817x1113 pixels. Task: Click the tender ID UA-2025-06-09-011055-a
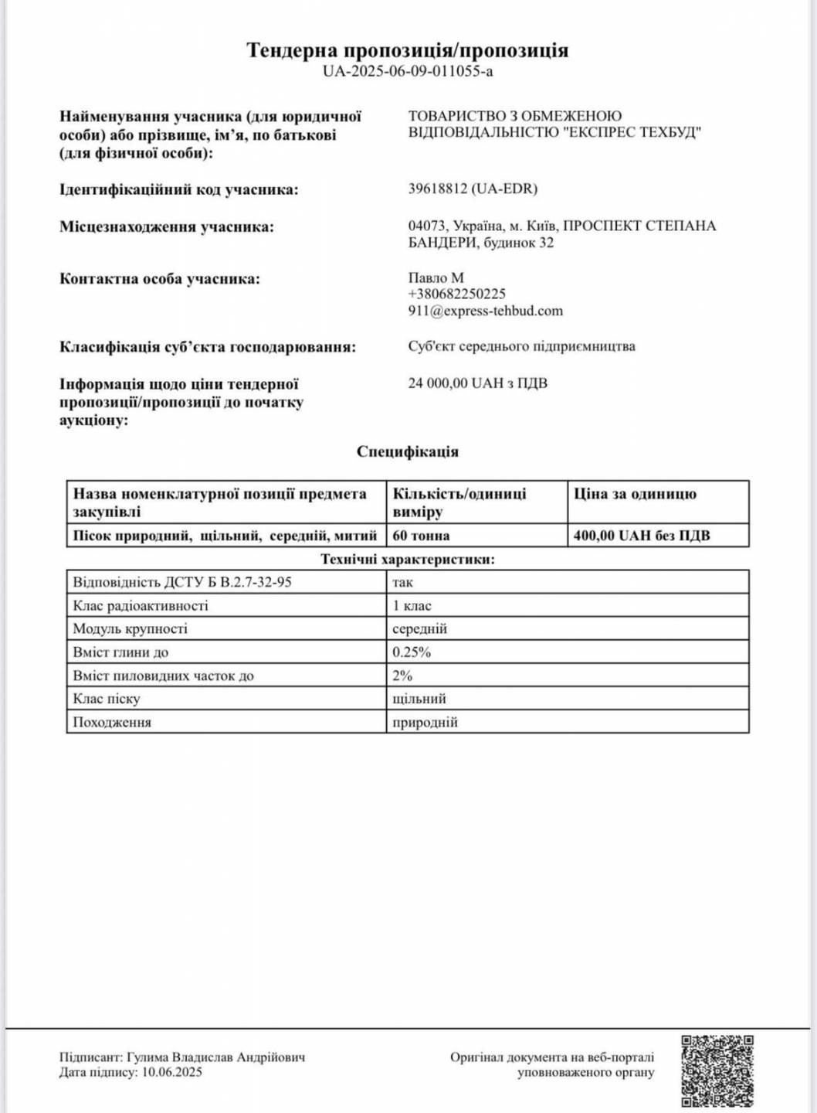408,72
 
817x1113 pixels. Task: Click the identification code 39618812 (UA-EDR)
473,189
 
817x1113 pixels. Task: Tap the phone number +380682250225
457,294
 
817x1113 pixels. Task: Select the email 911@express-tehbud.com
485,311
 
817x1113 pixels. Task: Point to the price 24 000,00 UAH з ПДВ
477,383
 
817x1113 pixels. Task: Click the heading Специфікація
408,452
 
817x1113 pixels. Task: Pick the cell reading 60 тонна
421,536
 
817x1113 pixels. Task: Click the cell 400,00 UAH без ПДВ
642,536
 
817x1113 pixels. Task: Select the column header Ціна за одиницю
635,495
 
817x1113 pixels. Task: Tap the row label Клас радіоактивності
141,606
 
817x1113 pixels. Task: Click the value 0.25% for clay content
412,652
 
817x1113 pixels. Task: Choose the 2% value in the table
402,676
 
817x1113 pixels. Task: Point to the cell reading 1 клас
412,606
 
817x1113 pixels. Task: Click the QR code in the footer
717,1070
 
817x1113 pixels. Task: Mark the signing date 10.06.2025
171,1073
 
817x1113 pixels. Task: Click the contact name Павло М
436,277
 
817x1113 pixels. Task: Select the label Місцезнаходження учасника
167,227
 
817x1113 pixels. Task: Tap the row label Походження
112,723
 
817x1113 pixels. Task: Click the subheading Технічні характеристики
408,560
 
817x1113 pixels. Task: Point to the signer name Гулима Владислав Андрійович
216,1057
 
